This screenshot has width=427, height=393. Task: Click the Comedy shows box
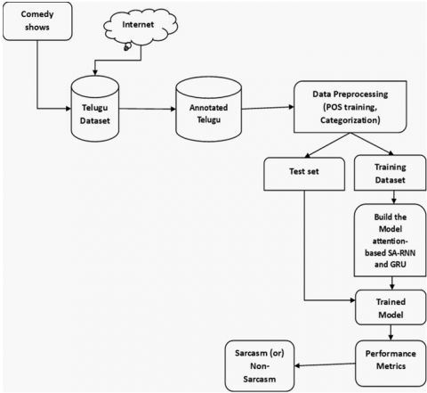click(x=37, y=21)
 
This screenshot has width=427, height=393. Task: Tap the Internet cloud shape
click(x=141, y=28)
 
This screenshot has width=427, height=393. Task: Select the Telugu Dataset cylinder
click(x=95, y=109)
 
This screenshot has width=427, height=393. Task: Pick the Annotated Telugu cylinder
click(x=209, y=109)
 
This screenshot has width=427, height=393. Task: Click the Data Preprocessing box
click(x=350, y=107)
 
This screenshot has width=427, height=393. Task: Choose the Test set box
click(x=304, y=174)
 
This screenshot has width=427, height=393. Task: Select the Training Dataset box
click(x=390, y=173)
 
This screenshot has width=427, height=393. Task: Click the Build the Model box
click(x=390, y=241)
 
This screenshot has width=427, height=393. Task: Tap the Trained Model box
click(x=391, y=307)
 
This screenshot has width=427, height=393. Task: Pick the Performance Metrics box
click(x=391, y=363)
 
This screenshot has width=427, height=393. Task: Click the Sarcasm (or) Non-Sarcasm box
click(x=260, y=365)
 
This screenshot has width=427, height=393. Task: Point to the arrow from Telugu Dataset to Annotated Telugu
click(x=148, y=109)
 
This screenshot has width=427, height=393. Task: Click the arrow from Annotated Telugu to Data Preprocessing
click(x=268, y=108)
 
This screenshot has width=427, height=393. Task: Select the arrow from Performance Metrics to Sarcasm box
click(x=325, y=364)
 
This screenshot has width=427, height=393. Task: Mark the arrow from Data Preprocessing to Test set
click(x=327, y=145)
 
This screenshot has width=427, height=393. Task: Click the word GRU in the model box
click(x=399, y=264)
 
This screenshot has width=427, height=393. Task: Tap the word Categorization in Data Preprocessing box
click(x=350, y=120)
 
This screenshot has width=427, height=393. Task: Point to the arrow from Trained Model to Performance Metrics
click(x=391, y=332)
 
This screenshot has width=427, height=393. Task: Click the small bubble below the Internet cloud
click(x=127, y=47)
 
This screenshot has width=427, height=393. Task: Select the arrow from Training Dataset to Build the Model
click(x=394, y=197)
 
